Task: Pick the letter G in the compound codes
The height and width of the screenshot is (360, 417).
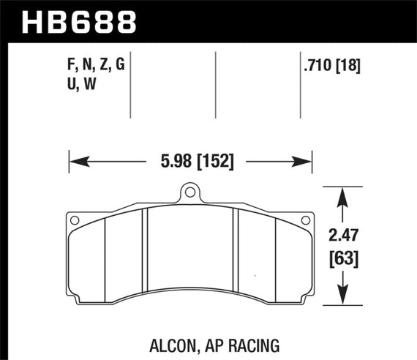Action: pyautogui.click(x=118, y=65)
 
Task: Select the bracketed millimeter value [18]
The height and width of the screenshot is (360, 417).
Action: pyautogui.click(x=350, y=65)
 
